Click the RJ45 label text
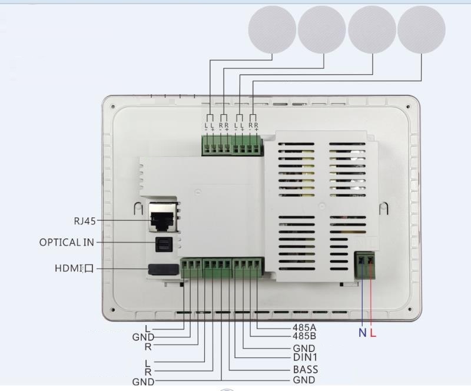pos(85,221)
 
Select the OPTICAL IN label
pos(67,242)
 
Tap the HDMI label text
pos(74,268)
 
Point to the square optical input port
pos(164,244)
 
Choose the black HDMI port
pos(163,270)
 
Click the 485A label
pos(304,327)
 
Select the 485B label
pos(304,336)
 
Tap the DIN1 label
pos(305,357)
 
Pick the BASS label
pos(306,369)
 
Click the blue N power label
pos(363,333)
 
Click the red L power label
pos(373,333)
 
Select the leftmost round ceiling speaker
pos(272,29)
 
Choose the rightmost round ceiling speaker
pos(421,29)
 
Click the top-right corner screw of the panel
pos(408,107)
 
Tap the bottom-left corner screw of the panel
pos(113,310)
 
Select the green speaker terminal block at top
pos(232,145)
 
